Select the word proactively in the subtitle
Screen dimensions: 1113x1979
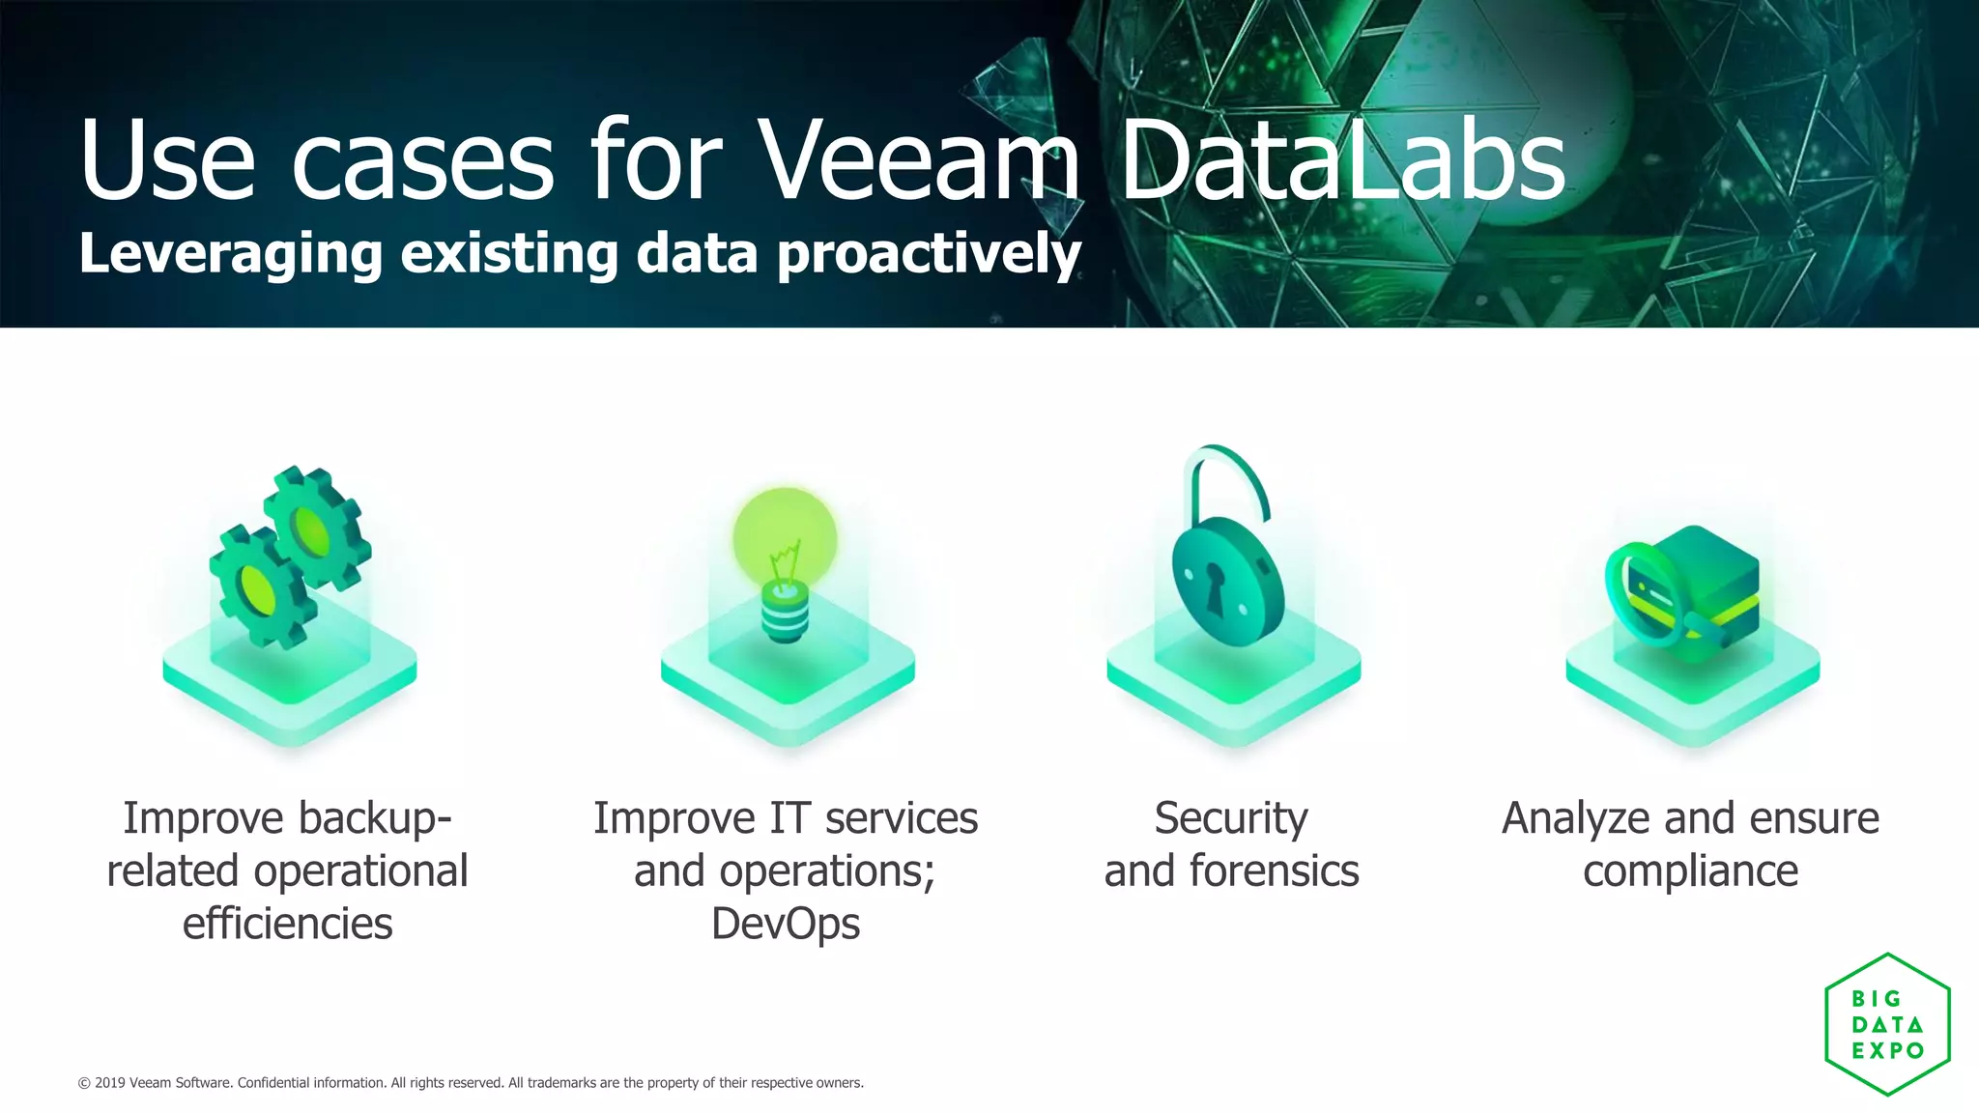point(929,254)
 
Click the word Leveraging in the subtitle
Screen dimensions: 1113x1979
point(231,254)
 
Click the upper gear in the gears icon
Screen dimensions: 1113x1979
point(315,528)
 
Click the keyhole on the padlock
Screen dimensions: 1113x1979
point(1214,585)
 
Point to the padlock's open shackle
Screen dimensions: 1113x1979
point(1225,478)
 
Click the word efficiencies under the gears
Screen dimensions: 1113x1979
point(287,923)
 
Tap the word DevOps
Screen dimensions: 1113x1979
point(785,923)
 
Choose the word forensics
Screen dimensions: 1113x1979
point(1274,870)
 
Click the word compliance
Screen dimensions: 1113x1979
point(1690,870)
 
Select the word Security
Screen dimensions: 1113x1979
point(1231,818)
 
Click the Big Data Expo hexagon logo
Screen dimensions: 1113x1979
point(1887,1024)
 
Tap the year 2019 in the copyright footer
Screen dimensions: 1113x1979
point(110,1083)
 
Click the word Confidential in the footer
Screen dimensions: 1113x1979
point(272,1083)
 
